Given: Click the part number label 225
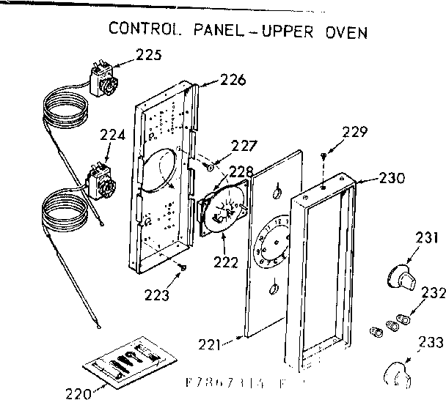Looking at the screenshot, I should point(150,55).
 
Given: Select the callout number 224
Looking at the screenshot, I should point(112,135).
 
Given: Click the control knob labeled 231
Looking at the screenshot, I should point(399,276).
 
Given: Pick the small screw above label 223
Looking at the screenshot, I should point(181,268).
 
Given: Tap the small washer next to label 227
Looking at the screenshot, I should point(209,168).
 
